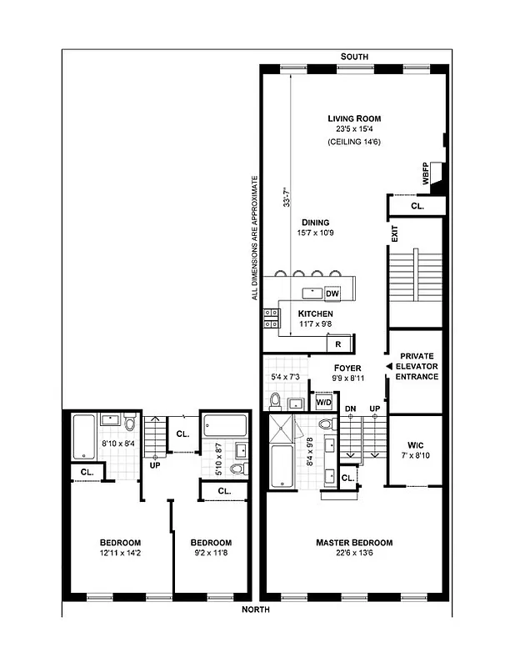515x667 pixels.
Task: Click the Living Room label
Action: pos(353,118)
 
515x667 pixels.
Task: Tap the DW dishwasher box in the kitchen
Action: pos(332,293)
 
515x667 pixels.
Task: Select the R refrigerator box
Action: pos(338,344)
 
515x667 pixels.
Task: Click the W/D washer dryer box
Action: pos(322,403)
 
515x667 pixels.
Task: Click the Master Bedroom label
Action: pos(353,543)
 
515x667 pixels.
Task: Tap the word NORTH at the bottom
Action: pos(256,609)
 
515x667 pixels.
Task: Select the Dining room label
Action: pos(316,223)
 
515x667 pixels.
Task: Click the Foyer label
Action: pos(347,367)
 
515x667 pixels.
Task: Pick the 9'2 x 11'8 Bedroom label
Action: pos(211,543)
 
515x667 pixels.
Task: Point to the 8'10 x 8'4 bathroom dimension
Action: pos(117,444)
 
